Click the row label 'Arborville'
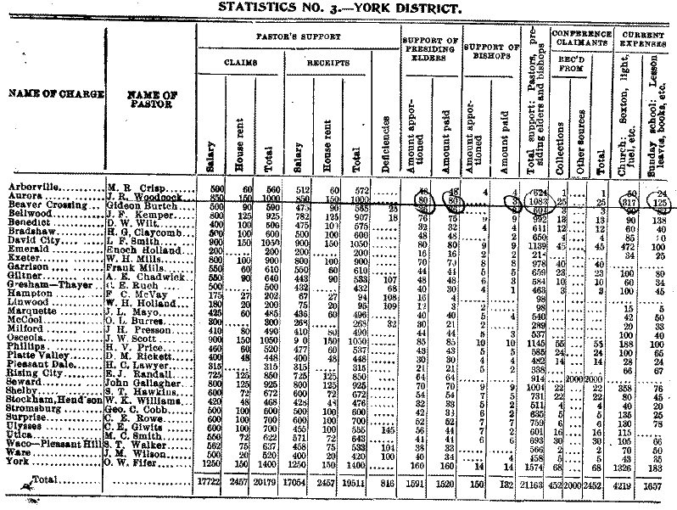(x=31, y=184)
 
